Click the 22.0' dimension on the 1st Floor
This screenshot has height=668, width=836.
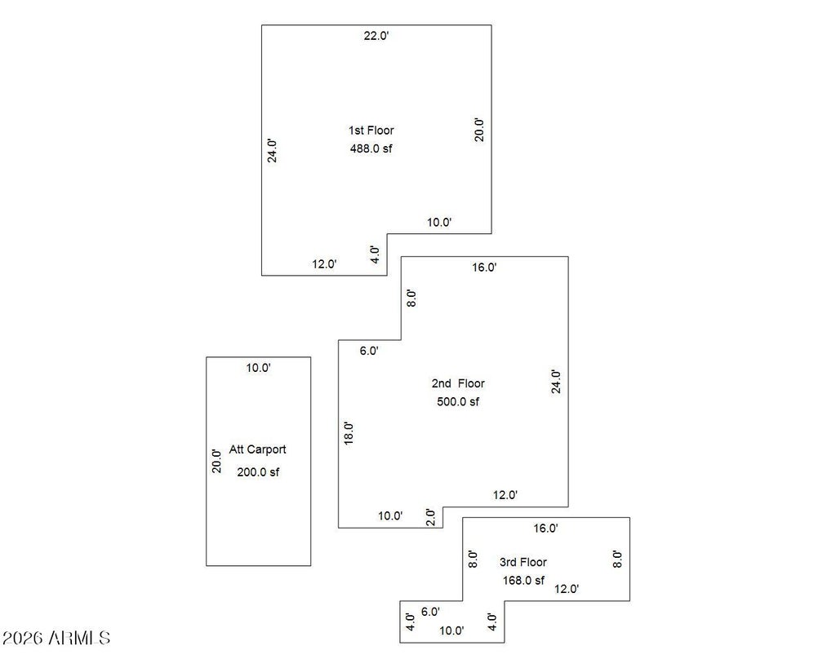point(376,36)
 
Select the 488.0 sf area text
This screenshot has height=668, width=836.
point(371,148)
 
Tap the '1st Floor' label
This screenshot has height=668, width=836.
point(371,131)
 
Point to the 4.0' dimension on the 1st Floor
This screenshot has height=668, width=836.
point(376,254)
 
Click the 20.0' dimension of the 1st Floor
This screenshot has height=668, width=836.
point(479,130)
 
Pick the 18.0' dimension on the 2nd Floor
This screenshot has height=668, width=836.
point(349,433)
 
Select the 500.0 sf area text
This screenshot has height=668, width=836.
point(458,402)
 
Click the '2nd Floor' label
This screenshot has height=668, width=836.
point(458,383)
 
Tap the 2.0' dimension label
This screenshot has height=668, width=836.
point(431,518)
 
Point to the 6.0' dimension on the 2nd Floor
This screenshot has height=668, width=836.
point(369,351)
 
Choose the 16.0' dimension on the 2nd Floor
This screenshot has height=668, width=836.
point(484,268)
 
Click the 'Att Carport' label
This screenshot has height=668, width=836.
point(257,449)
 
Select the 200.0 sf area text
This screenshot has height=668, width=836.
point(258,472)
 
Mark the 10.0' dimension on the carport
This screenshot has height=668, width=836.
point(259,368)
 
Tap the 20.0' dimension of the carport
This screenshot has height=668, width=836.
point(216,462)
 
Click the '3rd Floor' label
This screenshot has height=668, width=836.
point(523,563)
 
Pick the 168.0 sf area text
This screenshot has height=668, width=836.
point(523,581)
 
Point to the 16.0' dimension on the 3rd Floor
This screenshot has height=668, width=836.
point(546,529)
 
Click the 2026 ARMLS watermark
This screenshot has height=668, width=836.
point(56,638)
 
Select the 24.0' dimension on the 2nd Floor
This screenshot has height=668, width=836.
point(556,382)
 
